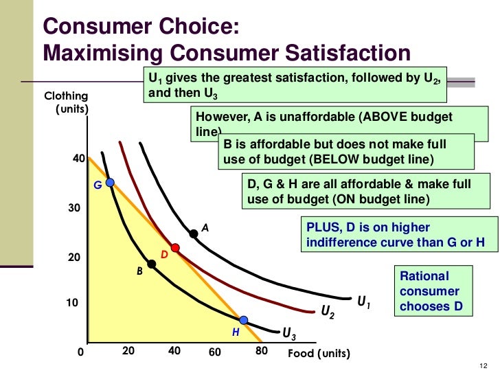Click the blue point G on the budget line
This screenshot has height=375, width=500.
click(x=110, y=183)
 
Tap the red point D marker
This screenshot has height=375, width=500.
click(x=175, y=247)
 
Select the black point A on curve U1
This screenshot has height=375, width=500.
click(x=194, y=234)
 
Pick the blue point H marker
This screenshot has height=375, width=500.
click(x=243, y=319)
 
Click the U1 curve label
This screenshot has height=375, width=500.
click(x=364, y=302)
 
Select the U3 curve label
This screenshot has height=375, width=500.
click(x=290, y=334)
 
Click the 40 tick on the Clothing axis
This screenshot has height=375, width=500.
click(x=78, y=159)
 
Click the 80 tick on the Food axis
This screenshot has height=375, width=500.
click(x=260, y=351)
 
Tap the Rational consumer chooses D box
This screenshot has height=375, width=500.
click(x=434, y=291)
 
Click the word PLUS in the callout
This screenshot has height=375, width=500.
click(x=321, y=227)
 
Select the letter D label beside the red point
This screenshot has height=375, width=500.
click(x=164, y=255)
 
